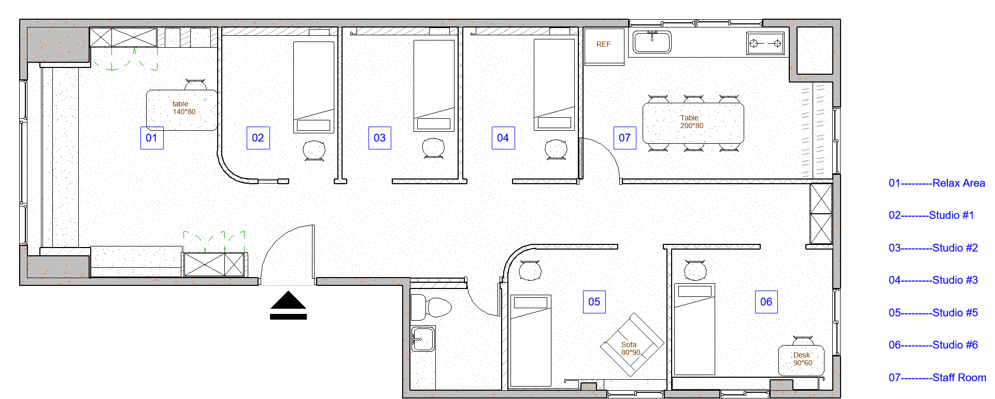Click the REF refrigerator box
[x=604, y=47]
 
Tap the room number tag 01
[x=152, y=138]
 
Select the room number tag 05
[x=594, y=302]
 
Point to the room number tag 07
[x=625, y=138]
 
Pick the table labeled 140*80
[x=181, y=110]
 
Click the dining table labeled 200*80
[x=693, y=123]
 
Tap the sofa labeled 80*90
[x=632, y=345]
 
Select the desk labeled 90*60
[x=801, y=360]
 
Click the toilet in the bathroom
[x=432, y=308]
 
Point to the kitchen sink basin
[x=652, y=42]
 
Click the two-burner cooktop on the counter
[x=765, y=44]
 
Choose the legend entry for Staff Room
[x=937, y=378]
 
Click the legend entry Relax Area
[x=937, y=183]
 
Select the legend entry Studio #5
[x=933, y=313]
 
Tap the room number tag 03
[x=380, y=138]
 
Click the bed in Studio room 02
[x=314, y=87]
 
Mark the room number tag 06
[x=766, y=302]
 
